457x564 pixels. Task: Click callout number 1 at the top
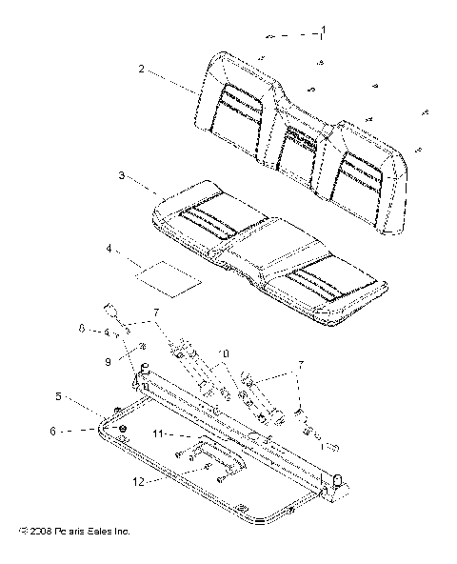[x=322, y=32]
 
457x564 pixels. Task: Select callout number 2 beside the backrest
[x=141, y=69]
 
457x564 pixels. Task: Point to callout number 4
[x=110, y=249]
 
